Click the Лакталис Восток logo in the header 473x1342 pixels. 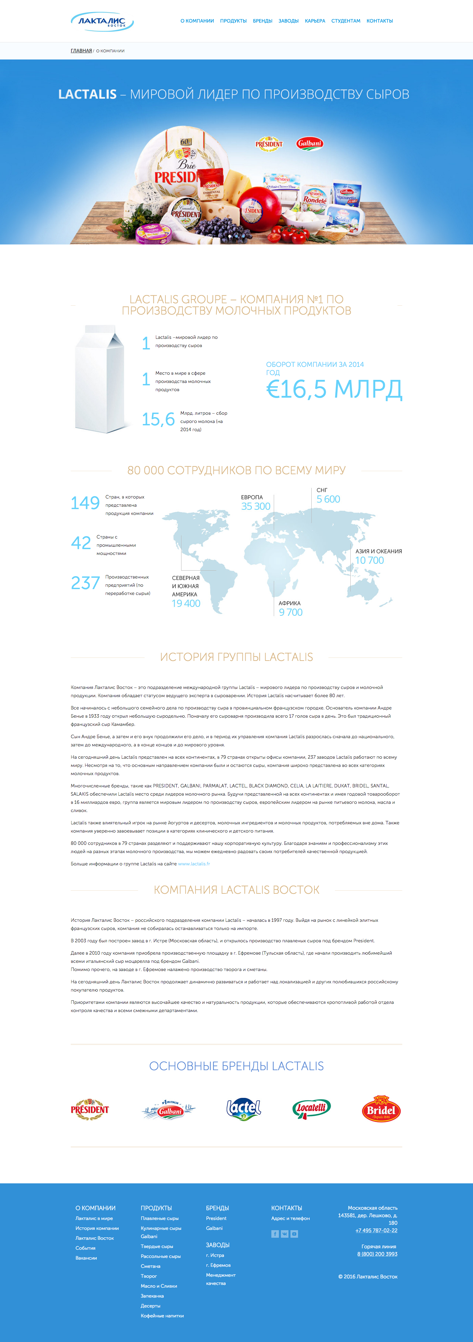coord(102,21)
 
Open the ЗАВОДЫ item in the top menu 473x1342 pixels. coord(288,21)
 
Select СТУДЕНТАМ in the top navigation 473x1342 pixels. coord(346,21)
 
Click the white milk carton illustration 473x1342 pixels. coord(100,379)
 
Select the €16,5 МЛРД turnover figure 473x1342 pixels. coord(334,389)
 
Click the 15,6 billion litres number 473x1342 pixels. coord(158,419)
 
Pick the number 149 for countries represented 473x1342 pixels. coord(85,503)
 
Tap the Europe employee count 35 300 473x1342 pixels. coord(255,506)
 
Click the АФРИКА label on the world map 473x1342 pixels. coord(289,603)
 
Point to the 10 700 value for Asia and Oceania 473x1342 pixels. coord(369,560)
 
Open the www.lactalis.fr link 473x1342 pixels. coord(194,864)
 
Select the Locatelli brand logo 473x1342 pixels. coord(311,1108)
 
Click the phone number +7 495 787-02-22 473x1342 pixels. coord(376,1231)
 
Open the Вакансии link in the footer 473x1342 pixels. coord(86,1258)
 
